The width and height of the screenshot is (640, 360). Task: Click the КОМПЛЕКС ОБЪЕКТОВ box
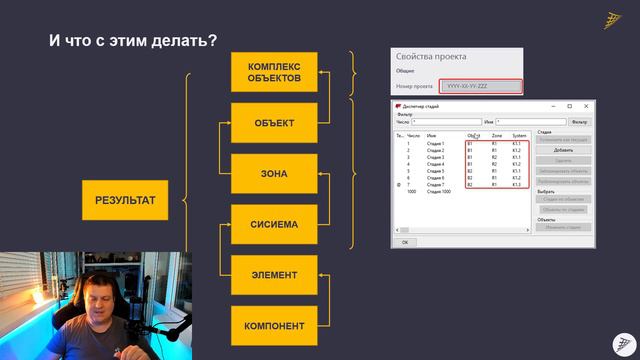[274, 72]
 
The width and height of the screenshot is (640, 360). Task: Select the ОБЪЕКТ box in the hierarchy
[274, 123]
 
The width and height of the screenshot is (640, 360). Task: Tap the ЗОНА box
[274, 174]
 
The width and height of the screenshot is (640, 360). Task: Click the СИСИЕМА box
[274, 224]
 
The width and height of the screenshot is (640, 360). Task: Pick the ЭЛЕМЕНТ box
[274, 275]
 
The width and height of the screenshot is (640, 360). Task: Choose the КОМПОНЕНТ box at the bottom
[274, 326]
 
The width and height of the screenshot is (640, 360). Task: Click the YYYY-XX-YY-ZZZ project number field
[481, 87]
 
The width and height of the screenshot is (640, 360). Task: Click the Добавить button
[563, 150]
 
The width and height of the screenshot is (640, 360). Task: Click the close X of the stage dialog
[585, 106]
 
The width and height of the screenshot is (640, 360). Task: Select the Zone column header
[497, 135]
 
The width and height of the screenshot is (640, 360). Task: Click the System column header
[519, 135]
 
